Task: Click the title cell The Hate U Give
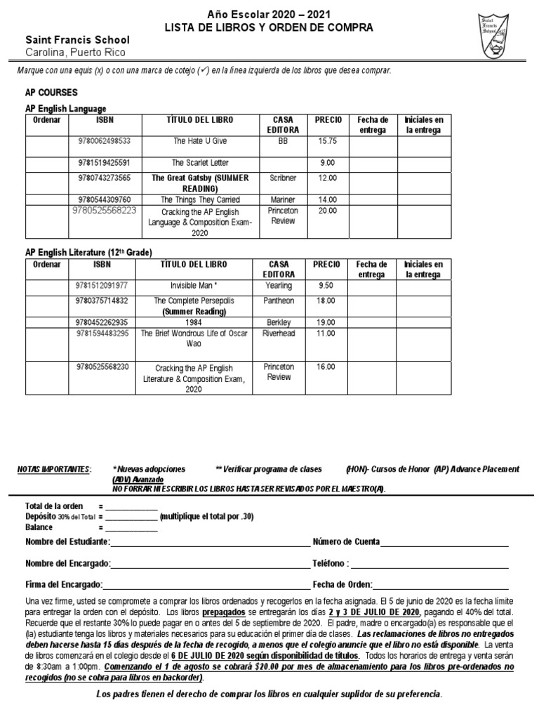point(201,141)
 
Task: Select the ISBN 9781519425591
point(104,163)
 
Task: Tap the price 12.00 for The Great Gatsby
point(327,178)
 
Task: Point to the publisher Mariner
point(283,199)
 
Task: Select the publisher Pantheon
point(279,301)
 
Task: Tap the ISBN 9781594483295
point(102,334)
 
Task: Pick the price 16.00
point(326,367)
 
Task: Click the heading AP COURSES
point(51,93)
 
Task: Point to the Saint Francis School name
point(67,41)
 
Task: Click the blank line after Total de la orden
point(131,507)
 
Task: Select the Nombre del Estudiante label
point(67,542)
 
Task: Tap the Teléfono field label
point(331,564)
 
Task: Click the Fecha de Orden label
point(341,584)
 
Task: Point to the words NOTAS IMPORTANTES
point(53,469)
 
